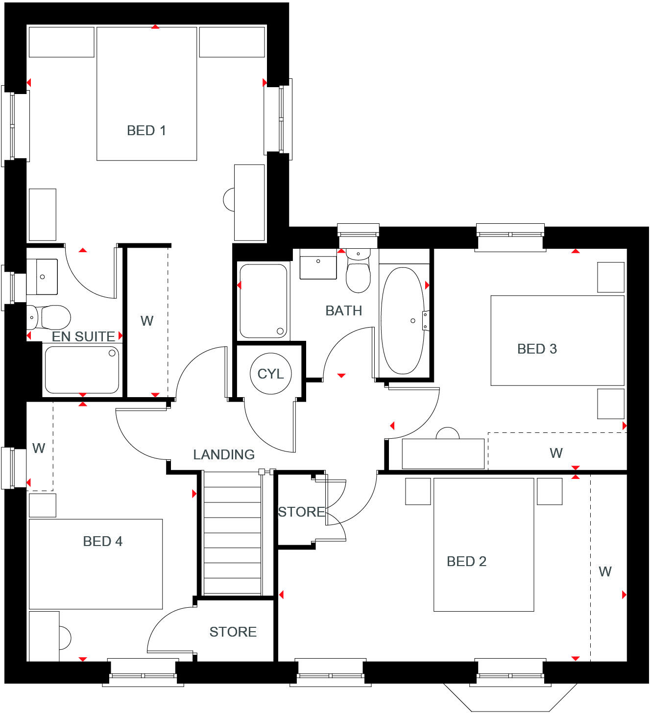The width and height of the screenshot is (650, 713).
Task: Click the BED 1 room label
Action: [146, 131]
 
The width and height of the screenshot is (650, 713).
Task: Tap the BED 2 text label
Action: [466, 562]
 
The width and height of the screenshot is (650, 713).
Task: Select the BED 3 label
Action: [537, 349]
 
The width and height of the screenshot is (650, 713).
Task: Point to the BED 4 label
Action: [102, 542]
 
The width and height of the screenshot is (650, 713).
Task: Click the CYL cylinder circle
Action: [270, 374]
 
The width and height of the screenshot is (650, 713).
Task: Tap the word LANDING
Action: [224, 455]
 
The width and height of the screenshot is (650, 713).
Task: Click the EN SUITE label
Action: [83, 337]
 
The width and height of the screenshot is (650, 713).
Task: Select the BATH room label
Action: [344, 311]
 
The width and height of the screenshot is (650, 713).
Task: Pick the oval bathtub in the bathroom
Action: [402, 321]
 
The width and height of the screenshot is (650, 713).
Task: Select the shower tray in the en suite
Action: [82, 370]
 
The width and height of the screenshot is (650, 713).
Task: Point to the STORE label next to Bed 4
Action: [233, 632]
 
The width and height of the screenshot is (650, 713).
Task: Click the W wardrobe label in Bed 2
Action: [605, 572]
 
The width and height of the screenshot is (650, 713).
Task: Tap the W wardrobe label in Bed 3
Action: [556, 453]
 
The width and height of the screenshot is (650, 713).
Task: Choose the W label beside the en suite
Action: [146, 321]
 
